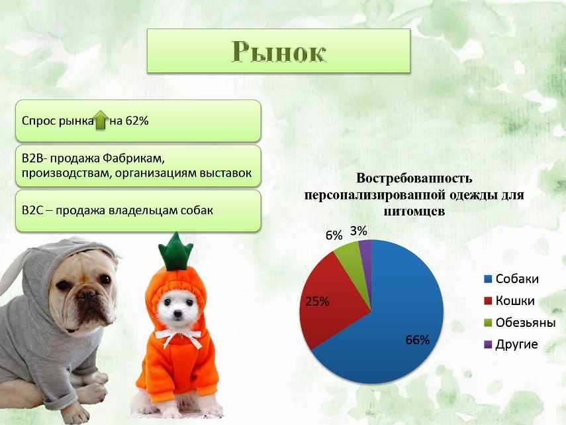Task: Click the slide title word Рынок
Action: tap(279, 52)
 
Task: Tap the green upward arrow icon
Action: tap(101, 119)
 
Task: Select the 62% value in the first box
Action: tap(137, 121)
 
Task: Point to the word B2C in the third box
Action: tap(32, 210)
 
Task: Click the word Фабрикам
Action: tap(134, 158)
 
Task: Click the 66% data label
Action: tap(418, 340)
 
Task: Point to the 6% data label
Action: tap(334, 235)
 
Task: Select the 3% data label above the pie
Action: tap(358, 231)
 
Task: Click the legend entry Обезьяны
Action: tap(520, 322)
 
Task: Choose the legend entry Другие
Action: tap(511, 344)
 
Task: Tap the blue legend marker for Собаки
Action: tap(488, 279)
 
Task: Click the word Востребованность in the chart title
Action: tap(414, 178)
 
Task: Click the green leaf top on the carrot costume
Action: tap(176, 251)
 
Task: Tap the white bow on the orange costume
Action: tap(179, 337)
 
